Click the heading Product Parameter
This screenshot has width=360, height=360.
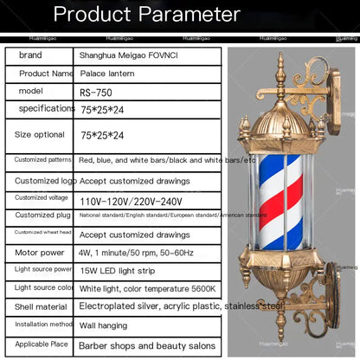(146, 15)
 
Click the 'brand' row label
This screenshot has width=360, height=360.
(30, 55)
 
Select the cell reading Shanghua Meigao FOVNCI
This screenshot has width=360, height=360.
(127, 55)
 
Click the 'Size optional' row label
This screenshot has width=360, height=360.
(39, 134)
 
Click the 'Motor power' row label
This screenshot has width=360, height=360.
(39, 252)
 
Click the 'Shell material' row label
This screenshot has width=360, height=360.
(39, 305)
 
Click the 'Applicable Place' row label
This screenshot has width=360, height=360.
(39, 345)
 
